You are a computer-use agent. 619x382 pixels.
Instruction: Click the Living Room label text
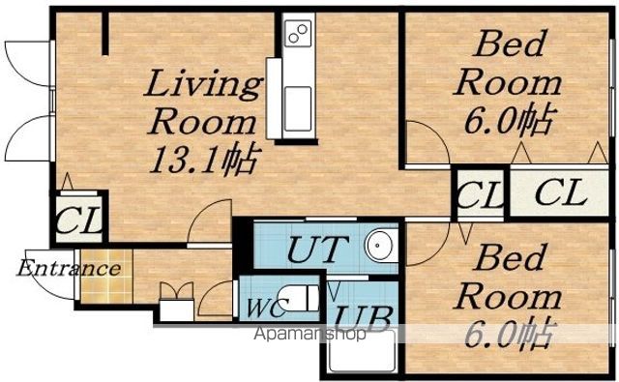(x=203, y=102)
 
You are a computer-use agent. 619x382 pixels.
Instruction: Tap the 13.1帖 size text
(x=205, y=159)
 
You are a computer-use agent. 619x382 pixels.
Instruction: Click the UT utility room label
(x=318, y=249)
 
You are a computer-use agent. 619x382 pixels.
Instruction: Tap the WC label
(x=266, y=308)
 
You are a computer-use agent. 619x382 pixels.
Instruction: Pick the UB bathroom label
(x=364, y=318)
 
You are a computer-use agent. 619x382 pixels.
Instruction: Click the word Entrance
(x=69, y=268)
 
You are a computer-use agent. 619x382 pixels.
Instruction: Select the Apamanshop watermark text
(x=309, y=335)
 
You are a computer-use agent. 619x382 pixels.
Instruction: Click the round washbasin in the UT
(x=381, y=245)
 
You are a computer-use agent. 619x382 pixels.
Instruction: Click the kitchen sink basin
(x=298, y=109)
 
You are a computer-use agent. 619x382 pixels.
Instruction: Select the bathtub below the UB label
(x=364, y=350)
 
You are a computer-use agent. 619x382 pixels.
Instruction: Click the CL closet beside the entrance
(x=79, y=219)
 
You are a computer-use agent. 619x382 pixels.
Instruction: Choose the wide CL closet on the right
(x=559, y=192)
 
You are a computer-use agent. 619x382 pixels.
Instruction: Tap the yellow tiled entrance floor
(x=106, y=276)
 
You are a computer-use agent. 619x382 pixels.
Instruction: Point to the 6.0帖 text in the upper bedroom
(x=510, y=119)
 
